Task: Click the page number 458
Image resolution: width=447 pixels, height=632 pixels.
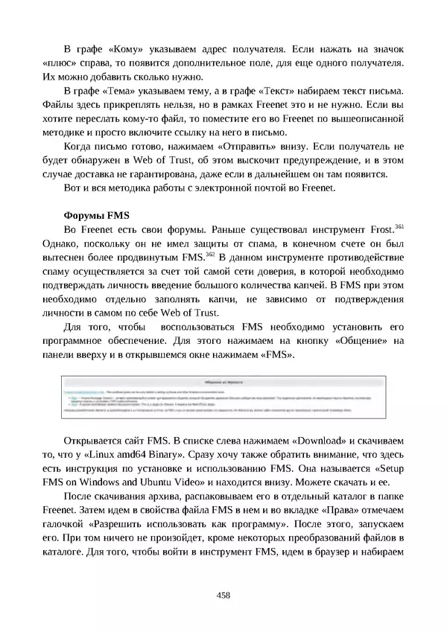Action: [x=223, y=595]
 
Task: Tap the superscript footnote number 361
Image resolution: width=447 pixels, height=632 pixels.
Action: [x=399, y=226]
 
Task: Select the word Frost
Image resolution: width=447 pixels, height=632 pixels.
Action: [x=377, y=230]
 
